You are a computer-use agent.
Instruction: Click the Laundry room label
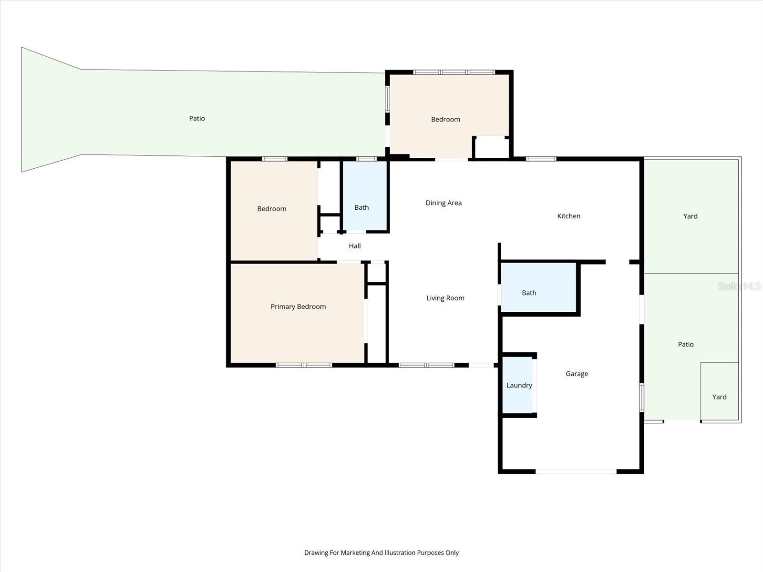point(519,385)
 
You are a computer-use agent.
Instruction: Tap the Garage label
point(577,374)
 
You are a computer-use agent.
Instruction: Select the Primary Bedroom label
point(298,306)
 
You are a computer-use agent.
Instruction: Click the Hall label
point(354,246)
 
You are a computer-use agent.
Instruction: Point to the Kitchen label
point(568,216)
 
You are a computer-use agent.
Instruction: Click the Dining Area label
point(443,203)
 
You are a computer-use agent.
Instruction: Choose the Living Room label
point(445,298)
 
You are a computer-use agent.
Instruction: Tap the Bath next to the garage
point(529,293)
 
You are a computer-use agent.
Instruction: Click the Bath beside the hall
point(361,207)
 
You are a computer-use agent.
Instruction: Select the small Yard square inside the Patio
point(719,397)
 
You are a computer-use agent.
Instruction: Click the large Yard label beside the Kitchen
point(690,216)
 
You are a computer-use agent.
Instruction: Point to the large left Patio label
point(197,118)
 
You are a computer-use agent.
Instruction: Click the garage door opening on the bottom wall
point(576,471)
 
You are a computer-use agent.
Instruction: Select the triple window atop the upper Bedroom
point(454,72)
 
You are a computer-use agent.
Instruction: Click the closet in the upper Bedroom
point(491,147)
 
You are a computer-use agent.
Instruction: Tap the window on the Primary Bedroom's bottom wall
point(304,365)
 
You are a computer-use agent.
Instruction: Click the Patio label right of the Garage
point(685,344)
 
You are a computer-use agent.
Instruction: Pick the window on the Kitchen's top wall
point(541,159)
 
